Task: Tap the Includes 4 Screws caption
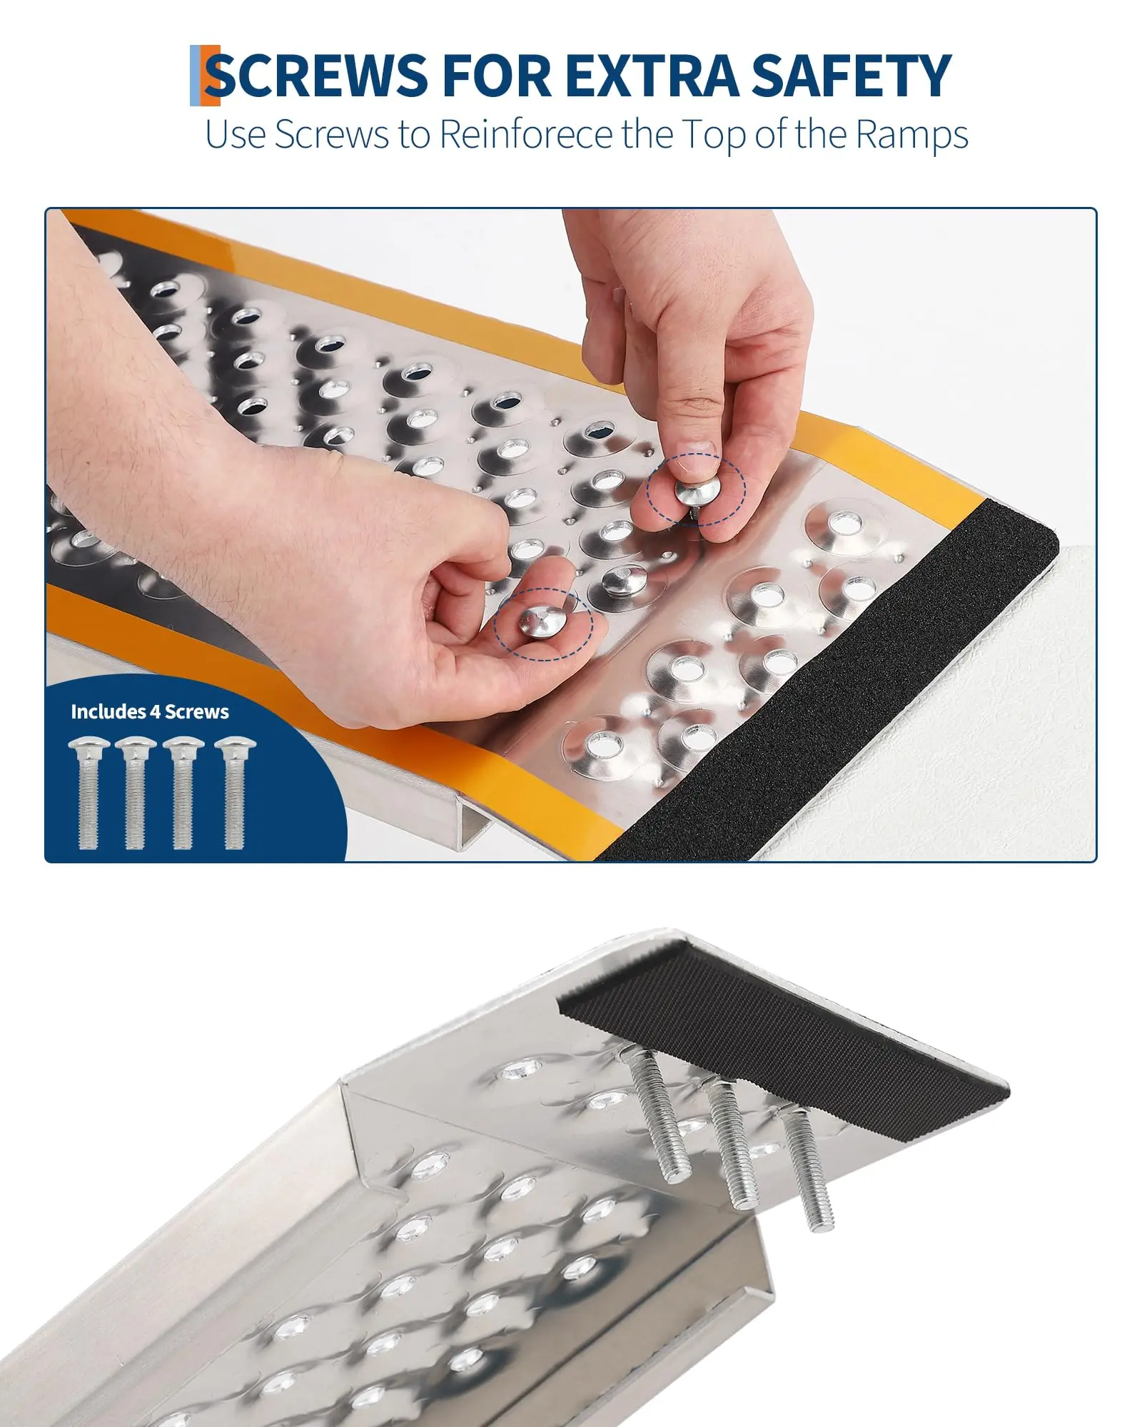pyautogui.click(x=150, y=711)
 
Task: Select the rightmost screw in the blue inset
pyautogui.click(x=234, y=793)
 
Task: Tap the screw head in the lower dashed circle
pyautogui.click(x=542, y=621)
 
